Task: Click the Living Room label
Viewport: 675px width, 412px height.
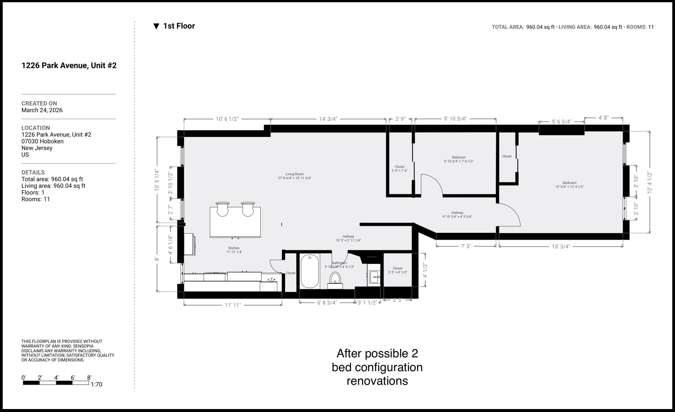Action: click(x=294, y=176)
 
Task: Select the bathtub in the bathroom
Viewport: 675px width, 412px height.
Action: click(x=310, y=271)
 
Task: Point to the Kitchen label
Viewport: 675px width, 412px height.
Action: click(x=234, y=250)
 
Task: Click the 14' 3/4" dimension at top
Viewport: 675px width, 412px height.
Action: click(x=328, y=119)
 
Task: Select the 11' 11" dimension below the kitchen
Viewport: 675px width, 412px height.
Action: click(x=232, y=305)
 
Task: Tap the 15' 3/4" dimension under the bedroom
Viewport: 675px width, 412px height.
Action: click(x=561, y=246)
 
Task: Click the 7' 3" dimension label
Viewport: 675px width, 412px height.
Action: click(x=466, y=246)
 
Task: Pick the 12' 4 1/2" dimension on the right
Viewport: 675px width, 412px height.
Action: click(x=650, y=182)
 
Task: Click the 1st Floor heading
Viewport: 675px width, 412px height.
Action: click(x=179, y=26)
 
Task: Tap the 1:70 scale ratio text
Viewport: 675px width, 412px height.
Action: click(x=96, y=384)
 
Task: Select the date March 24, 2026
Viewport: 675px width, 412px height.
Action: click(x=42, y=110)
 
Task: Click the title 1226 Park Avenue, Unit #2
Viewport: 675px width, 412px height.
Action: click(x=69, y=66)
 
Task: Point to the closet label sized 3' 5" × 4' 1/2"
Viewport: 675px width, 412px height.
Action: click(x=398, y=270)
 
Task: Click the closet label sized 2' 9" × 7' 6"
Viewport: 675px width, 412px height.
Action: click(x=400, y=169)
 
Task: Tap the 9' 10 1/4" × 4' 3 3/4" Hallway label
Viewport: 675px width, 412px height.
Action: click(x=457, y=214)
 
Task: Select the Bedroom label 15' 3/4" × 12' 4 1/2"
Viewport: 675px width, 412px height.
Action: click(x=570, y=184)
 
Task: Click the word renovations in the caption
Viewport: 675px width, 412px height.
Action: click(x=377, y=381)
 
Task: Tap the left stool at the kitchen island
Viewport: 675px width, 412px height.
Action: click(x=222, y=209)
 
